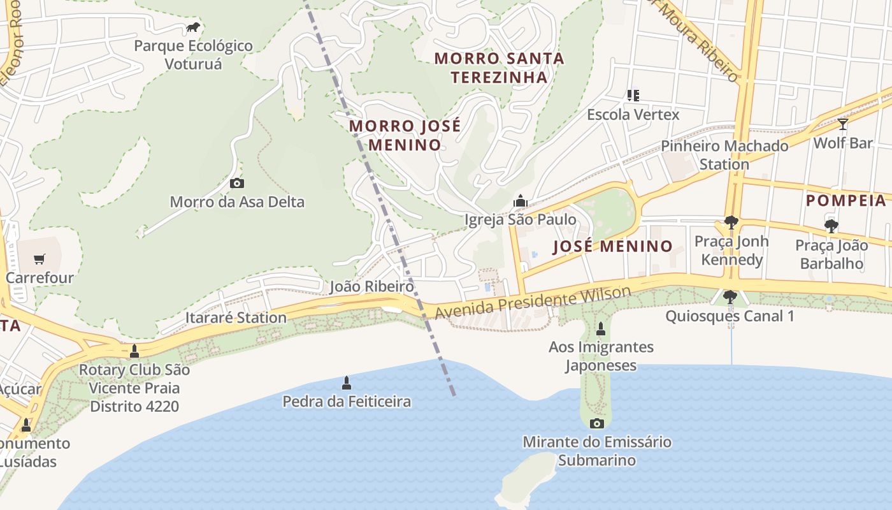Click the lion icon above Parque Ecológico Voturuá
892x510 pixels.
193,27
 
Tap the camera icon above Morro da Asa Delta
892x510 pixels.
236,184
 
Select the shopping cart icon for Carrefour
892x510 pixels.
40,259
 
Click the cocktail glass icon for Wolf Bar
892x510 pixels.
842,124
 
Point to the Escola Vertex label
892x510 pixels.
633,115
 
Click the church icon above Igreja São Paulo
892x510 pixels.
521,201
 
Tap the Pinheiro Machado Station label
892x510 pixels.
724,155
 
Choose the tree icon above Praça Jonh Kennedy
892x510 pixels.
731,222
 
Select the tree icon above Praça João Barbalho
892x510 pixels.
831,226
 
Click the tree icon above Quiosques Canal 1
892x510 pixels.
730,297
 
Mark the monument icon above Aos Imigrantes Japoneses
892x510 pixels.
600,329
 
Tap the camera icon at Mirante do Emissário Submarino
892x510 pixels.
597,423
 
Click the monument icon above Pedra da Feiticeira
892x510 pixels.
347,382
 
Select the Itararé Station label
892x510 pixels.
236,317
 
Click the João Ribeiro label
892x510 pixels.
371,287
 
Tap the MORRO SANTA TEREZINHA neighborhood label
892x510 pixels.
499,68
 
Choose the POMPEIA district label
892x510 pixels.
846,201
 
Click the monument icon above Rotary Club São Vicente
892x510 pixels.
134,351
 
